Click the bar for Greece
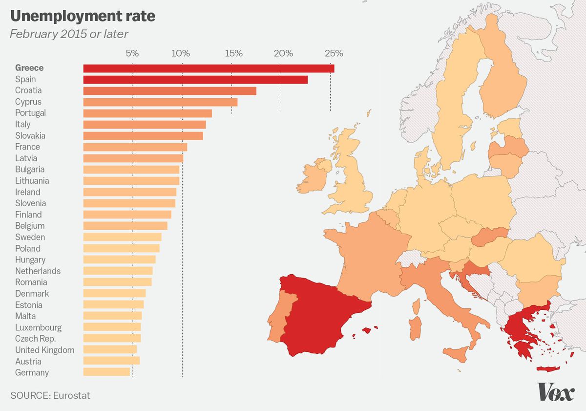[x=209, y=68]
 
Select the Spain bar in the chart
[x=195, y=79]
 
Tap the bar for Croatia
[x=169, y=90]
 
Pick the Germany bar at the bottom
[x=106, y=372]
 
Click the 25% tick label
[x=334, y=53]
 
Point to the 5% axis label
[x=132, y=53]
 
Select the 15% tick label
[x=233, y=53]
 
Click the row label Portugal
[x=30, y=113]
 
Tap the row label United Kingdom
[x=44, y=350]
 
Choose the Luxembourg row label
[x=38, y=327]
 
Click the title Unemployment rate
[x=83, y=16]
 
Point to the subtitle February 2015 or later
[x=69, y=34]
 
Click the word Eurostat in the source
[x=71, y=395]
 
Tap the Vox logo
[x=556, y=392]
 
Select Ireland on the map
[x=313, y=176]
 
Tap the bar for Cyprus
[x=160, y=102]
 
